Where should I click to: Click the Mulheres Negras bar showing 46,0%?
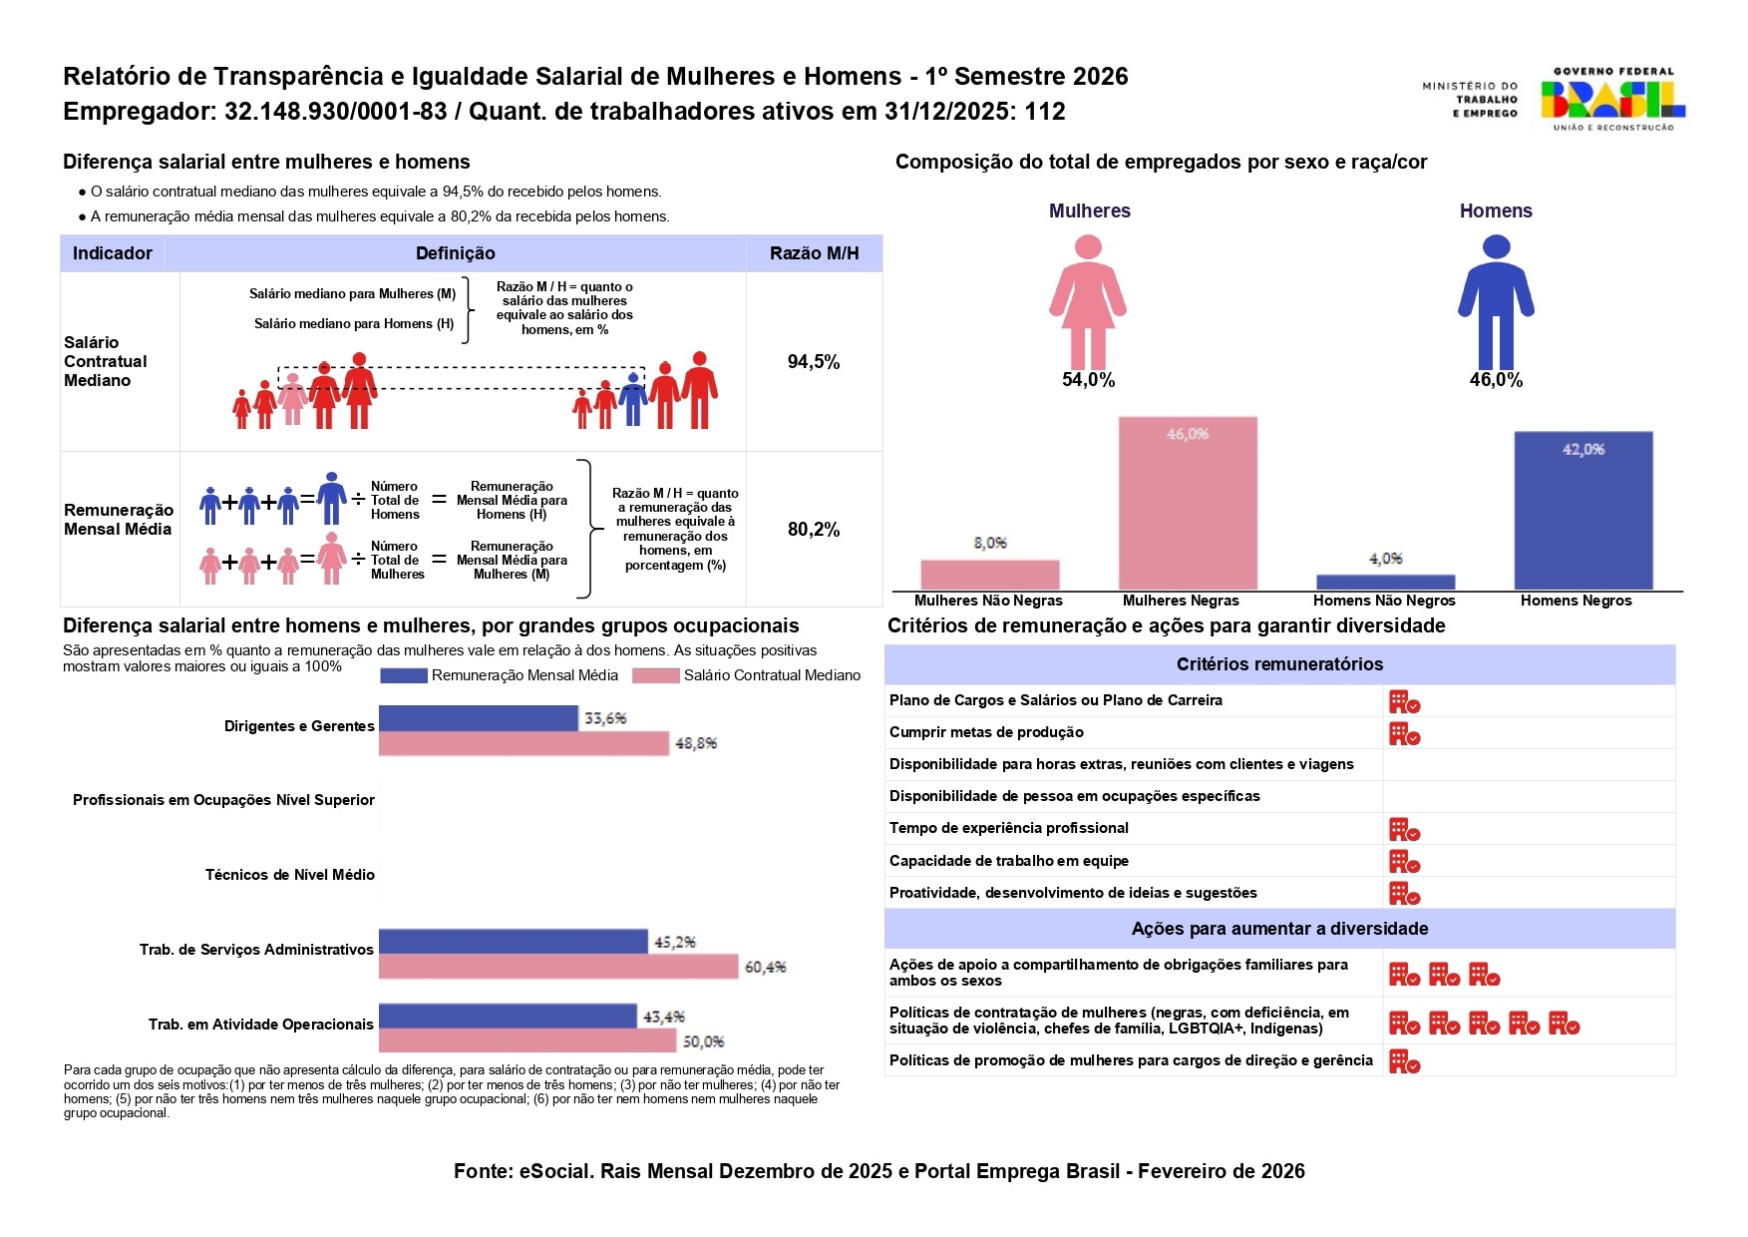point(1188,503)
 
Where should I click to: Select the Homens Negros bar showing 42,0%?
point(1582,510)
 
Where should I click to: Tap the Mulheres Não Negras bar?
point(989,575)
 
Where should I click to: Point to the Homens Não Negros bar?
point(1385,582)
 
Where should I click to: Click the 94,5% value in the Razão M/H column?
point(814,362)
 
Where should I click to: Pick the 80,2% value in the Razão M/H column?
point(814,530)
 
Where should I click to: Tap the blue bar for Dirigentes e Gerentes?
point(478,718)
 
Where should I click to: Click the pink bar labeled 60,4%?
point(558,967)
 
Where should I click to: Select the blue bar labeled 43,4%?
point(508,1017)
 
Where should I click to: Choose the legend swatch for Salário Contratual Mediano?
point(655,676)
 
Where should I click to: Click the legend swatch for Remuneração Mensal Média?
point(403,676)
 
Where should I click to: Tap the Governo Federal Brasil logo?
point(1611,99)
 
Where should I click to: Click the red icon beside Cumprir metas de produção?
point(1404,734)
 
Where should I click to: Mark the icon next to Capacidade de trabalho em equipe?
point(1404,862)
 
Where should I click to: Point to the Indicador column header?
point(113,253)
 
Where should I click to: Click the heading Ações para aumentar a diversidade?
point(1279,929)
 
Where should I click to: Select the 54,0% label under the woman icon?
point(1088,380)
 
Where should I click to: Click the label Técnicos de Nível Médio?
point(290,875)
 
